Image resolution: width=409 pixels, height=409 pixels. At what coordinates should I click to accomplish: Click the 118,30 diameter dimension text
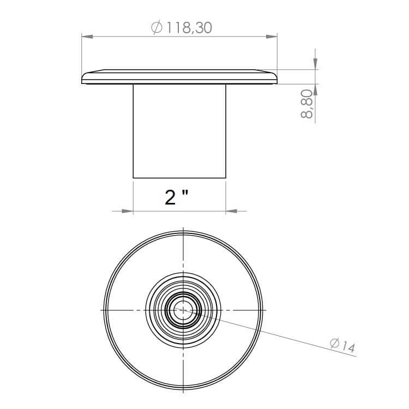point(189,28)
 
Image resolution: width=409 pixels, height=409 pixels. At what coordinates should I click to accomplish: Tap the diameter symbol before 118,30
point(157,28)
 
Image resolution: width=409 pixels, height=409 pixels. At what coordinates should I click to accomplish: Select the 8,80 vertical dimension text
point(306,104)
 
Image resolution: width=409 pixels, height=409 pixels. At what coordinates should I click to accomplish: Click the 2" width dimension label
point(176,197)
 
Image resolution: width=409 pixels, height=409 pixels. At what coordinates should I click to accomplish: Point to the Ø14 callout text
point(342,345)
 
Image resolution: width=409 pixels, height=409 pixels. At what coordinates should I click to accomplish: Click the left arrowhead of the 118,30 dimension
point(87,37)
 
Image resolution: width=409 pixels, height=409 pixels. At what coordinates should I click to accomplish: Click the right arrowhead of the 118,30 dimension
point(271,37)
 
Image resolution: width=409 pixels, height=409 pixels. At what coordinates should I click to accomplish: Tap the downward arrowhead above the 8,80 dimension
point(315,64)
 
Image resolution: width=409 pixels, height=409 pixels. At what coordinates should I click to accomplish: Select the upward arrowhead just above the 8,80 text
point(315,89)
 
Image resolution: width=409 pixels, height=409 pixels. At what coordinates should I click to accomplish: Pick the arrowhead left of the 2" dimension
point(127,211)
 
